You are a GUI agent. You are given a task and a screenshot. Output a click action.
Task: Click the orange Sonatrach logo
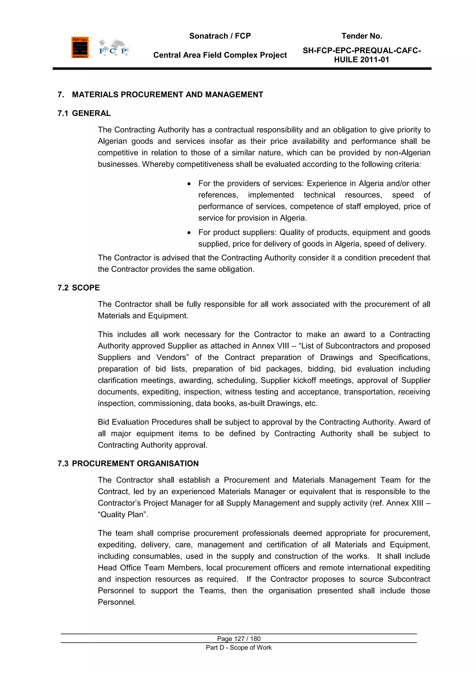click(80, 47)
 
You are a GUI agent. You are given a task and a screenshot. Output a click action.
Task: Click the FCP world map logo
click(113, 48)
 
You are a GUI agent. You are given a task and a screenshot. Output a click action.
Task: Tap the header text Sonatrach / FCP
click(220, 36)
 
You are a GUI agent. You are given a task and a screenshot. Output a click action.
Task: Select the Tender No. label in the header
click(362, 36)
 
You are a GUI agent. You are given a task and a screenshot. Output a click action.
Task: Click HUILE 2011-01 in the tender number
click(361, 60)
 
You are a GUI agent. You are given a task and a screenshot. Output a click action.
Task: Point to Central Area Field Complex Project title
click(220, 55)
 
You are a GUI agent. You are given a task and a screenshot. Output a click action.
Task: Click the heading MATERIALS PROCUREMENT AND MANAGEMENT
click(167, 95)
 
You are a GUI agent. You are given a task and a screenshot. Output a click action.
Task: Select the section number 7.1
click(63, 113)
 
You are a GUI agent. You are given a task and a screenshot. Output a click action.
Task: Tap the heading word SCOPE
click(86, 288)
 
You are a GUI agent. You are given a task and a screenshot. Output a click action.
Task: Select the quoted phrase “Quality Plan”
click(122, 515)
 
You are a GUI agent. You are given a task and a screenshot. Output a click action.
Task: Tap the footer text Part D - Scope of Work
click(239, 647)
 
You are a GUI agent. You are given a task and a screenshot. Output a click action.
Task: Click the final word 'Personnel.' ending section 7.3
click(117, 602)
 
